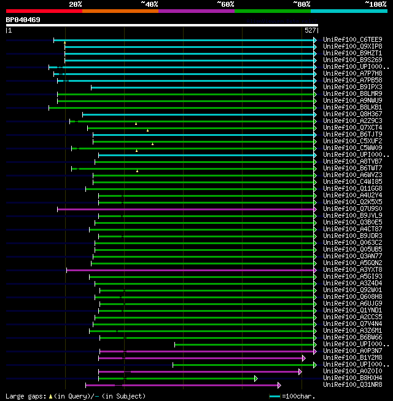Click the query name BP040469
23,20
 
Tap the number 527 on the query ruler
310,30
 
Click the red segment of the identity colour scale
44,10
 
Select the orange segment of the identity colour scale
120,10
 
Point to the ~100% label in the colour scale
375,4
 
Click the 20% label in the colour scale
75,4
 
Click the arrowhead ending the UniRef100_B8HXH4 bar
256,378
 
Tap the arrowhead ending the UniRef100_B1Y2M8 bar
303,358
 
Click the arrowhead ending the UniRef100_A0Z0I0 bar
300,371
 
